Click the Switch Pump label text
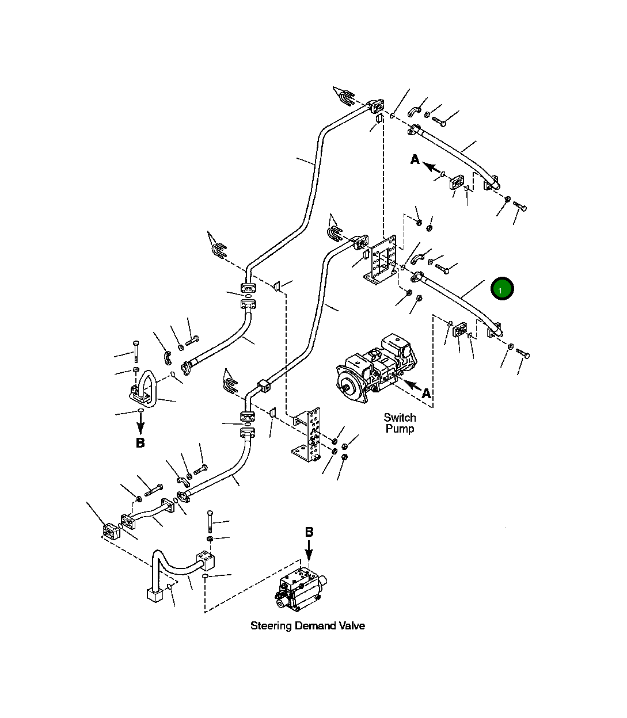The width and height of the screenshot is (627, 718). coord(400,423)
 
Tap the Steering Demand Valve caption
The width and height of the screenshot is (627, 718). coord(307,625)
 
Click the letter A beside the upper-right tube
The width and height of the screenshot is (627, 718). coord(415,160)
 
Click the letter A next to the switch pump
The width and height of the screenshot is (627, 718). coord(426,394)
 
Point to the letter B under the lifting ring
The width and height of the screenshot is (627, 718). coord(140,443)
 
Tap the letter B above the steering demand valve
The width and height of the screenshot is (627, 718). coord(309,532)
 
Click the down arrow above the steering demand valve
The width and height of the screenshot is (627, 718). coord(309,551)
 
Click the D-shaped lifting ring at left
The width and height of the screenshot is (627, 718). coord(144,388)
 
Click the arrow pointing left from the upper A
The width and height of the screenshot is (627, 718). coord(430,166)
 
